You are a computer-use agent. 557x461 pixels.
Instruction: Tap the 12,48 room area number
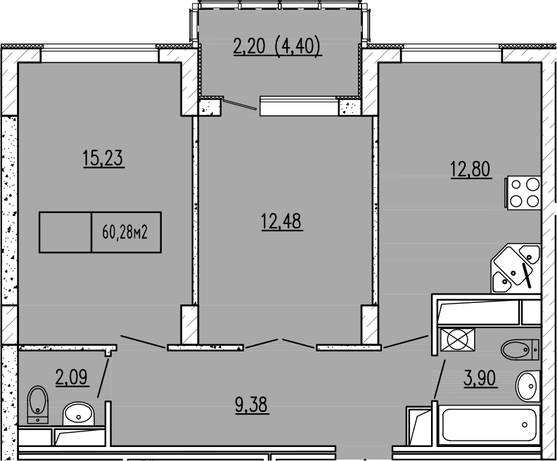(281, 221)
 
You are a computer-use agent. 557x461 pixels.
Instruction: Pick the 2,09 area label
(72, 377)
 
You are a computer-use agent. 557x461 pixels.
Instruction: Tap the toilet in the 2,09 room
(36, 403)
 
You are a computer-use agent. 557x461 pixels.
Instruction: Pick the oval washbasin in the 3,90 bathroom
(527, 385)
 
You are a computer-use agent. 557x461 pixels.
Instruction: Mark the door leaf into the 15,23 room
(143, 340)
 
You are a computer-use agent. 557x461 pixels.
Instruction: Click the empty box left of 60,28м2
(65, 232)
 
